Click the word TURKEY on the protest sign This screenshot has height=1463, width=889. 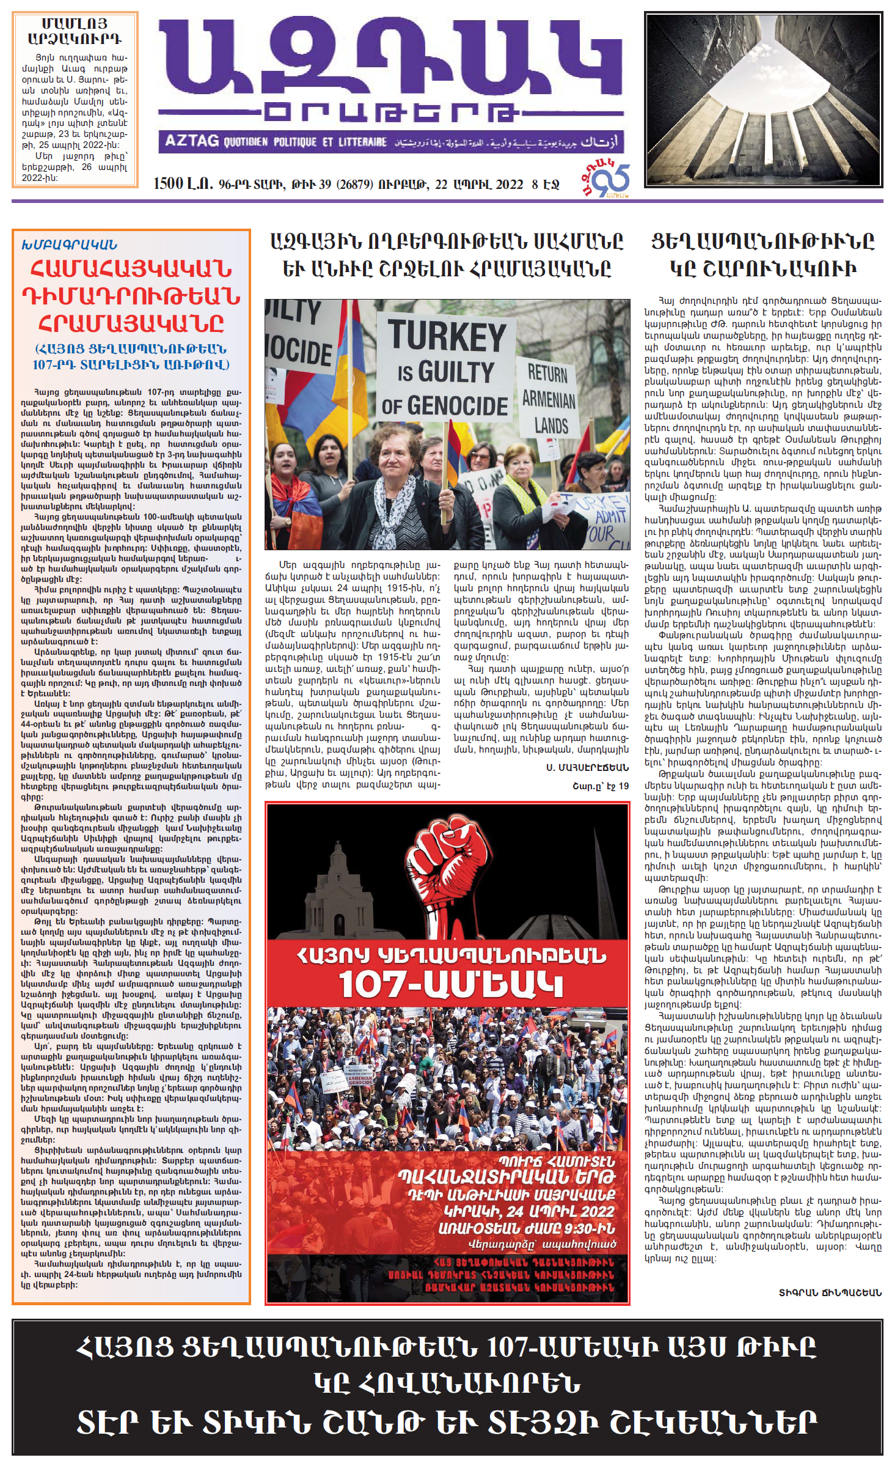click(447, 336)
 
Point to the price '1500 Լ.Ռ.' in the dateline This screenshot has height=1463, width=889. click(183, 184)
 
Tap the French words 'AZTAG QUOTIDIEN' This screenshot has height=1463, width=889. click(216, 142)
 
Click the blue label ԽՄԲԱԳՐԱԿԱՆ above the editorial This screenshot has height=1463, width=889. click(69, 245)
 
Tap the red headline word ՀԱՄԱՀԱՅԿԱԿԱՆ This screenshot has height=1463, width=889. click(131, 269)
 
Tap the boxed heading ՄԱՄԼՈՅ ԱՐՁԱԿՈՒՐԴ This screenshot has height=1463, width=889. click(75, 31)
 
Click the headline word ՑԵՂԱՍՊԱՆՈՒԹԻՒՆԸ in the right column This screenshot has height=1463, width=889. click(763, 241)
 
